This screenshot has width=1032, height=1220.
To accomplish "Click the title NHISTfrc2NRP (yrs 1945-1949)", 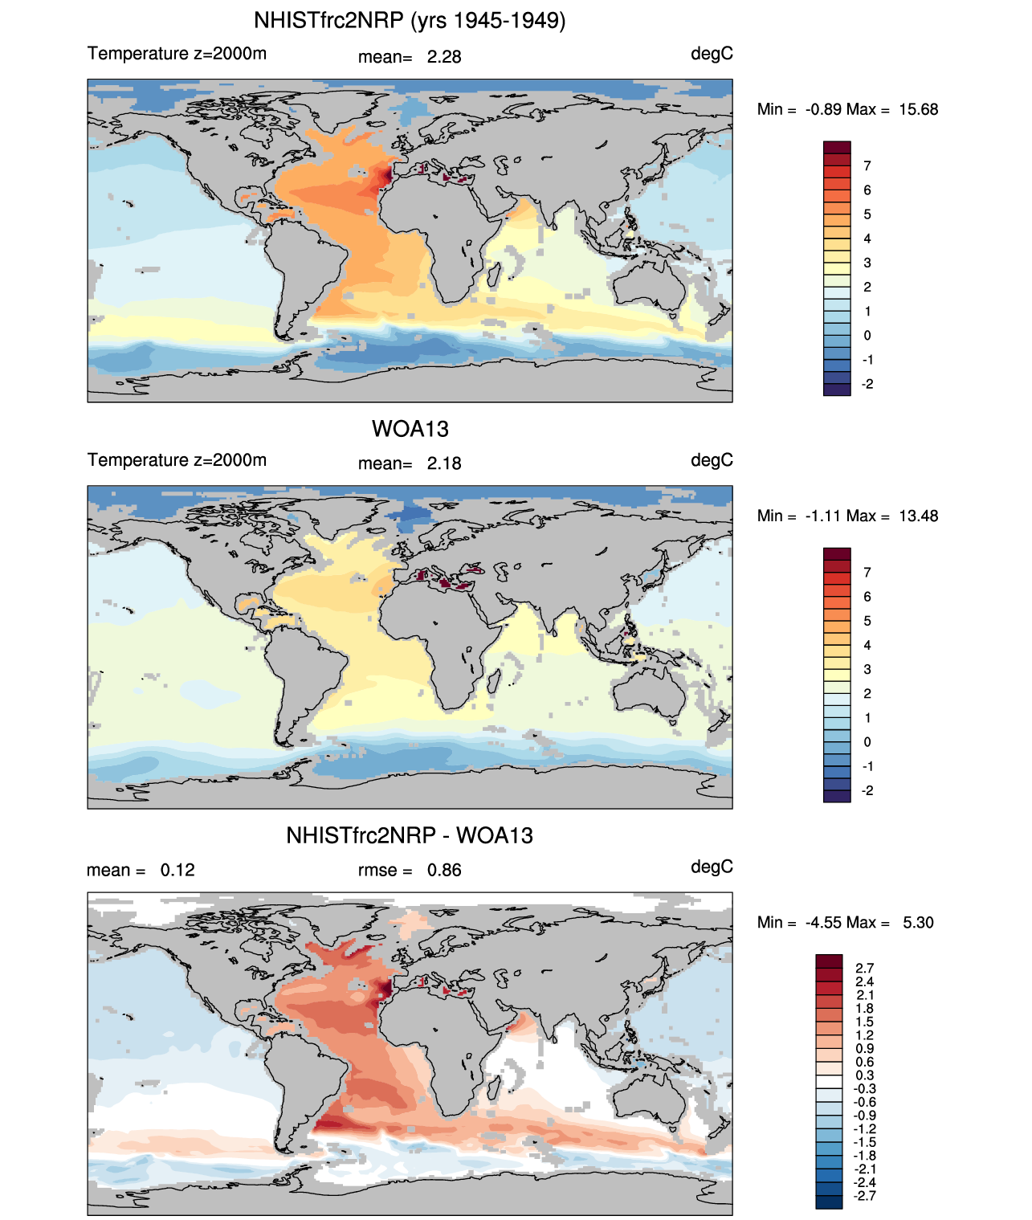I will (410, 20).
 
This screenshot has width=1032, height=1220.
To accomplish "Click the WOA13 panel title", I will (410, 429).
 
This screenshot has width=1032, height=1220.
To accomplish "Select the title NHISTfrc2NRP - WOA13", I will (410, 835).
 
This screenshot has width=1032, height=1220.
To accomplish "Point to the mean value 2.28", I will (444, 57).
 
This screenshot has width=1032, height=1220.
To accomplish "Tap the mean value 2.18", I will (444, 463).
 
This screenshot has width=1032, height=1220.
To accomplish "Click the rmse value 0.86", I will (444, 871).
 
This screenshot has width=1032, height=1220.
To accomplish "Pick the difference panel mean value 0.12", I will (177, 871).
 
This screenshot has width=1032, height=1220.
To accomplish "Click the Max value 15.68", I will (918, 109).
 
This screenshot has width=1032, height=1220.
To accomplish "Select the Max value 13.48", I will (918, 516).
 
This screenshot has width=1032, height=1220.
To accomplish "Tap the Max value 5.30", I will (918, 922).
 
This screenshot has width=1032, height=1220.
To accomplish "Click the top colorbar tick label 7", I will (867, 166).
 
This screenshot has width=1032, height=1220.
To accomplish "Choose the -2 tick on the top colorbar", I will (867, 384).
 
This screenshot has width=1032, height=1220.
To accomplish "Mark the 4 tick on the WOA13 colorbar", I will (867, 645).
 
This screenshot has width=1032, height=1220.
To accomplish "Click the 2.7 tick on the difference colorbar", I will (864, 969).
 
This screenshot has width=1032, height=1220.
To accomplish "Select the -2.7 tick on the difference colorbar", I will (864, 1196).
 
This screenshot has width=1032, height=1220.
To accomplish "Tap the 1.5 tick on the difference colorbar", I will (864, 1022).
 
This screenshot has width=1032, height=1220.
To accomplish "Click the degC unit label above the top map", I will (712, 54).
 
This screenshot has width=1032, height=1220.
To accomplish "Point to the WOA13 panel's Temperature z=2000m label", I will (177, 460).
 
